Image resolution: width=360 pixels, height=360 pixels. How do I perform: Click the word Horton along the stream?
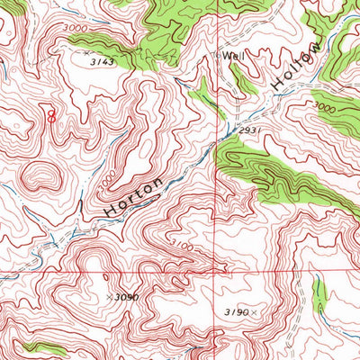point(135,194)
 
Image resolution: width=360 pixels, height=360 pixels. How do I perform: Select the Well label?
point(234,56)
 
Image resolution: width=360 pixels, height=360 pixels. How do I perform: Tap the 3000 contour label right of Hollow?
point(326,109)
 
